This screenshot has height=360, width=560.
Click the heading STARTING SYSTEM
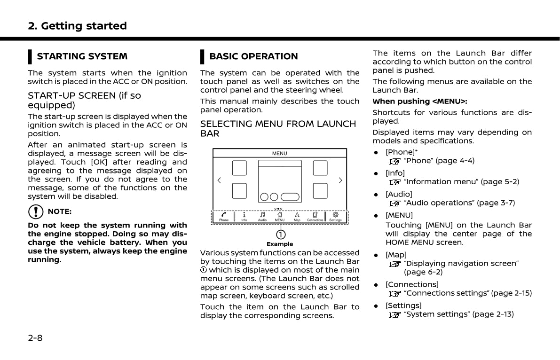tap(82, 56)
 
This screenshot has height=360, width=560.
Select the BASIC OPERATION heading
tap(253, 56)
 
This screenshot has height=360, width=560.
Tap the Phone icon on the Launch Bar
tap(224, 214)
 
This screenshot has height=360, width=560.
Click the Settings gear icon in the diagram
tap(335, 214)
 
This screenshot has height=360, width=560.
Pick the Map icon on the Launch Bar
tap(297, 214)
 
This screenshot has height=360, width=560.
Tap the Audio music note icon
tap(262, 214)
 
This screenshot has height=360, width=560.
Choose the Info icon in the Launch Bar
tap(244, 214)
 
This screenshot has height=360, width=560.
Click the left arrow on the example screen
tap(219, 180)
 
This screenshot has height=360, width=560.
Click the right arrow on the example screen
tap(340, 180)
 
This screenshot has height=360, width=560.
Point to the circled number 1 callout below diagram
tap(280, 234)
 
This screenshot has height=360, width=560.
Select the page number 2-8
tap(35, 337)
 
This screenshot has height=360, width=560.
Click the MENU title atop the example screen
tap(280, 153)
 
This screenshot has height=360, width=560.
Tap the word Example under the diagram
tap(280, 244)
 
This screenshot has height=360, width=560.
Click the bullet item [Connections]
tap(412, 284)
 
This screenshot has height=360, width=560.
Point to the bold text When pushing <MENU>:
tap(420, 102)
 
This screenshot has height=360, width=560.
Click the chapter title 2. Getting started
tap(78, 26)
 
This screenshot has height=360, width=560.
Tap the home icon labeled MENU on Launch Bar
tap(280, 214)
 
